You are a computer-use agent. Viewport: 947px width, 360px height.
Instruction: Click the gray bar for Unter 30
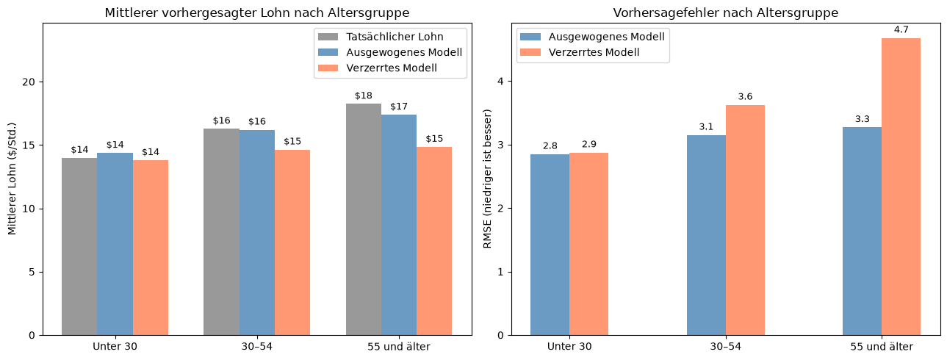point(79,247)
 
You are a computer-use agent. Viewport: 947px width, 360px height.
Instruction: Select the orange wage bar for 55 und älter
point(434,241)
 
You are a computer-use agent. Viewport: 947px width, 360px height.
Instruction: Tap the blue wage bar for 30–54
point(257,233)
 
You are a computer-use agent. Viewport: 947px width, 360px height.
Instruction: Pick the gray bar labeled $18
point(364,220)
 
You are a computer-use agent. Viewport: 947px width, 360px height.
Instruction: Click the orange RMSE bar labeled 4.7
point(901,187)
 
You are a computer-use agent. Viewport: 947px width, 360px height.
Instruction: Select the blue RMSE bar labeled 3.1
point(706,235)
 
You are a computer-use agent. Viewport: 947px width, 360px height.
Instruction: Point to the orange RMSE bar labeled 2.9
point(589,244)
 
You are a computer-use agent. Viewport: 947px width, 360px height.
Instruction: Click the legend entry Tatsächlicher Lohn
point(381,37)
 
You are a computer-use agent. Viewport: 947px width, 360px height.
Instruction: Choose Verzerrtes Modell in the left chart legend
point(377,68)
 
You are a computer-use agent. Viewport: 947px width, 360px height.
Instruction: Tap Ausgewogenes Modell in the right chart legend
point(592,37)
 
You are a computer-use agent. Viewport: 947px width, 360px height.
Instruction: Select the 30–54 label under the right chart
point(725,347)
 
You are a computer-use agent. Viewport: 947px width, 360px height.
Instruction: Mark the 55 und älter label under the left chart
point(399,347)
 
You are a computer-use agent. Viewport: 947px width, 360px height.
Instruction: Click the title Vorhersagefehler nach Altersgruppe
point(725,13)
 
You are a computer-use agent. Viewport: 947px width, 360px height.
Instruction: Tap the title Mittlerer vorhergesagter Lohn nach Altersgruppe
point(257,13)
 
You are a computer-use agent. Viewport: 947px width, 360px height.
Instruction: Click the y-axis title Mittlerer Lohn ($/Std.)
point(12,179)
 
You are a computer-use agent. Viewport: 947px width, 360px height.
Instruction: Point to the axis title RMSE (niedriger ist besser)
point(487,179)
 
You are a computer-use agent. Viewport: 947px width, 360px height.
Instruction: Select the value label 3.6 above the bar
point(746,97)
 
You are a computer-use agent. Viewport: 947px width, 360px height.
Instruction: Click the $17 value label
point(399,107)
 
